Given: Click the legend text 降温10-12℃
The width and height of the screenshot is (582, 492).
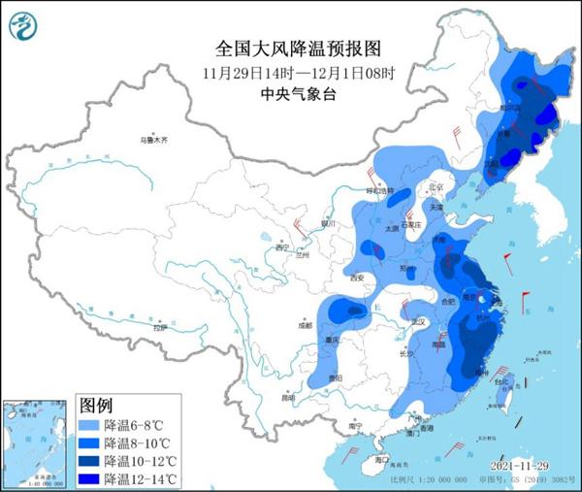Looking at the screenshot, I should tap(141, 459).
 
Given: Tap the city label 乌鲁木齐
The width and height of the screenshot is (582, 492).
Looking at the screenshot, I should tap(152, 141).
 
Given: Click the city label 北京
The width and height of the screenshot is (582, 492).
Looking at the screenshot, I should tap(436, 187).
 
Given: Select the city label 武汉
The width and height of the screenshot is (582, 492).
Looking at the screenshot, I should tap(419, 321).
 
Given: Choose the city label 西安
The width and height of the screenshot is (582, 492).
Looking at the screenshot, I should tap(355, 279).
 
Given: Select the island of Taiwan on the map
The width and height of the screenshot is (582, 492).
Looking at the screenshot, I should tap(510, 401).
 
